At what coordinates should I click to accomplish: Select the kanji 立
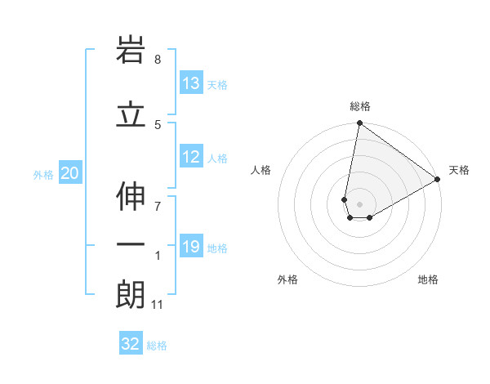pos(131,115)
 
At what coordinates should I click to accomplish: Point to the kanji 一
pos(131,245)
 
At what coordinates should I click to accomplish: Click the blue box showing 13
pos(191,83)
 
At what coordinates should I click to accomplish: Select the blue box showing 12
pos(191,157)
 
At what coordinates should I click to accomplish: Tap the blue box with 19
pos(191,247)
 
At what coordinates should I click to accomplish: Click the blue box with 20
pos(70,173)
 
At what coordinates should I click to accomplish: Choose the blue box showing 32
pos(131,344)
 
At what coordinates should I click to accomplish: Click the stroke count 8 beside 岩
pos(158,60)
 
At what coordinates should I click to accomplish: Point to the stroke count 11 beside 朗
pos(158,305)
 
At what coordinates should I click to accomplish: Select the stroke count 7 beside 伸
pos(158,205)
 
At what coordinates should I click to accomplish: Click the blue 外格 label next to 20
pos(43,174)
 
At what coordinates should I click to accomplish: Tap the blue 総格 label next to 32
pos(157,346)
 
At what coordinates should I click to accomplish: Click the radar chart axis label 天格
pos(459,170)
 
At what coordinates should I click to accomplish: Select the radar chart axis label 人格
pos(261,170)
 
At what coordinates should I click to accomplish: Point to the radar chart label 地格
pos(428,279)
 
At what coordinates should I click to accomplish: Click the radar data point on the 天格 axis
pos(438,180)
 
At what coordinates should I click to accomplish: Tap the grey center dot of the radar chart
pos(360,204)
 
